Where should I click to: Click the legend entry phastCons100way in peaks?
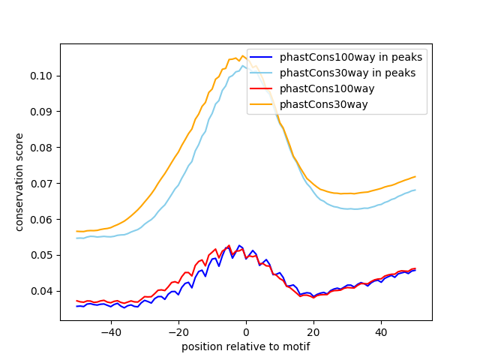(x=351, y=57)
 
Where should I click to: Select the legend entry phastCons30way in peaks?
(x=348, y=73)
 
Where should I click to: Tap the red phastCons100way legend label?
(x=327, y=88)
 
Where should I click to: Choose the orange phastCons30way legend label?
(x=324, y=104)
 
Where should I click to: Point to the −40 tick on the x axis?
(x=110, y=332)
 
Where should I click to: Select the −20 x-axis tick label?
(x=178, y=332)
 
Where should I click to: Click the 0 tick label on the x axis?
(x=246, y=332)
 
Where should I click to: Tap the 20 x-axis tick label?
(x=313, y=332)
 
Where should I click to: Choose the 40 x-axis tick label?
(x=381, y=332)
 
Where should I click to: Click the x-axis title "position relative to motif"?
(x=246, y=346)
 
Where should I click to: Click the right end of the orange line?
(x=415, y=177)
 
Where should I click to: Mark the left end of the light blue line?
(x=76, y=238)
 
